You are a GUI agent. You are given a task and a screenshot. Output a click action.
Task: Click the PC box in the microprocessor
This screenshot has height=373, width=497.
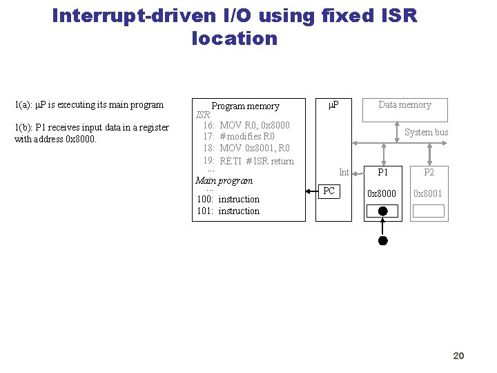pyautogui.click(x=329, y=191)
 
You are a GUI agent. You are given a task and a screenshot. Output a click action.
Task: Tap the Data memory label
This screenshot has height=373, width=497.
pyautogui.click(x=405, y=105)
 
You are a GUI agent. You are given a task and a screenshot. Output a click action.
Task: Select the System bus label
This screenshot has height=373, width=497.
pyautogui.click(x=426, y=132)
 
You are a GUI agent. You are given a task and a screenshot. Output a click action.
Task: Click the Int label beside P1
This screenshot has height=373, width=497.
pyautogui.click(x=344, y=173)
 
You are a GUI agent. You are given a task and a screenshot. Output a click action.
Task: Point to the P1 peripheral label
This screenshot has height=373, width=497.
pyautogui.click(x=382, y=173)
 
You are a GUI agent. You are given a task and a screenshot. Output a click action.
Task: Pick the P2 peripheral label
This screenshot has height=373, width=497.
pyautogui.click(x=429, y=173)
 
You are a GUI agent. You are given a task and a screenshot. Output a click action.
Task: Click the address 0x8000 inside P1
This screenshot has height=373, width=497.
pyautogui.click(x=382, y=194)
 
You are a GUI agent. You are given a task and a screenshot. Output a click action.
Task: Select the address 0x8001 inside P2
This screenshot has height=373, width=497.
pyautogui.click(x=428, y=194)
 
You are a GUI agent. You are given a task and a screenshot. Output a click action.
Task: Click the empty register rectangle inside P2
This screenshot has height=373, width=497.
pyautogui.click(x=429, y=211)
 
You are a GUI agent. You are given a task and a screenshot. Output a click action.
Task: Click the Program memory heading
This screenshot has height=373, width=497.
pyautogui.click(x=245, y=106)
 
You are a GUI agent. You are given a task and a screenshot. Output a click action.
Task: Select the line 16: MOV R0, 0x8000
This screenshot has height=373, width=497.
pyautogui.click(x=246, y=125)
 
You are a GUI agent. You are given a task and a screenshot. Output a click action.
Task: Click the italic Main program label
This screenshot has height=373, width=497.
pyautogui.click(x=224, y=181)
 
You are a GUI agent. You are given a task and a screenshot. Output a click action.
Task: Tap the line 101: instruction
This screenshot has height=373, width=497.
pyautogui.click(x=228, y=211)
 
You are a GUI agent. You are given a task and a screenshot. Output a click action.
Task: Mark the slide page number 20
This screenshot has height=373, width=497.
pyautogui.click(x=458, y=356)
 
